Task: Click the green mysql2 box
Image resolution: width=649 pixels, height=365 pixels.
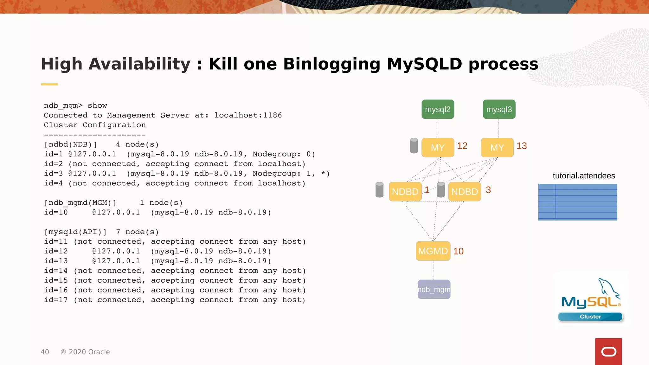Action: [x=438, y=109]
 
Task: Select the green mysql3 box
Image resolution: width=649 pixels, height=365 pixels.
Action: [x=499, y=109]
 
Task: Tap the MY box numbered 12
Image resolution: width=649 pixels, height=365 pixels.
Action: [x=438, y=147]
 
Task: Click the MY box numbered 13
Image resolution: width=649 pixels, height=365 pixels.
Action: [x=497, y=147]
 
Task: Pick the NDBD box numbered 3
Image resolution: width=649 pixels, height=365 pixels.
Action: [x=464, y=191]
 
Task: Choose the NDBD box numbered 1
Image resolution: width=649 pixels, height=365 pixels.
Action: [x=405, y=191]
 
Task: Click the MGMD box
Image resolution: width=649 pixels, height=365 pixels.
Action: [x=433, y=251]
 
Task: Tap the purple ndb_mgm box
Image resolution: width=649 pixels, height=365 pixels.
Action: [x=434, y=289]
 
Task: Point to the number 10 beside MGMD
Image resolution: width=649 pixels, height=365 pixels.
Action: [x=458, y=251]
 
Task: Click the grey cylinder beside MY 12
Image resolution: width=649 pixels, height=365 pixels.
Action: [x=414, y=146]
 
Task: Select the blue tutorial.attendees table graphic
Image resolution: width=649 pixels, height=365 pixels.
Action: [x=577, y=202]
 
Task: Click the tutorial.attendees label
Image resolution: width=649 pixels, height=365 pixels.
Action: [x=584, y=176]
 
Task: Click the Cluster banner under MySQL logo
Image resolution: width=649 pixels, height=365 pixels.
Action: [x=590, y=317]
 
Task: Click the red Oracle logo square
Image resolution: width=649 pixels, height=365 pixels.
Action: [x=608, y=351]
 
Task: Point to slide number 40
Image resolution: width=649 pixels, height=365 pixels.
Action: [x=45, y=352]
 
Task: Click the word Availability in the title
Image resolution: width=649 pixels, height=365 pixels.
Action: [x=139, y=64]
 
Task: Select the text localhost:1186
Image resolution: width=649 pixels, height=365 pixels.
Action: [x=248, y=115]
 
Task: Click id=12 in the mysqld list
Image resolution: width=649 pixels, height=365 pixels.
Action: [x=56, y=251]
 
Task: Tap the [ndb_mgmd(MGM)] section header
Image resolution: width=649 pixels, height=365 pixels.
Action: [x=80, y=203]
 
